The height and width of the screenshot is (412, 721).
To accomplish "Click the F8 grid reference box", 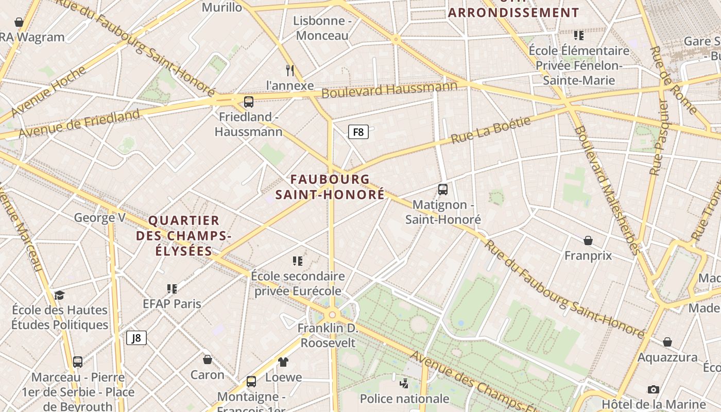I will [x=358, y=132].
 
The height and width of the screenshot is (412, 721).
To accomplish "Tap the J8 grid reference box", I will [x=136, y=338].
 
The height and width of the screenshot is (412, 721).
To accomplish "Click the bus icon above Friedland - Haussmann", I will [x=249, y=101].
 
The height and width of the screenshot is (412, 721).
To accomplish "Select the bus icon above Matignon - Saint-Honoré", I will [x=443, y=189].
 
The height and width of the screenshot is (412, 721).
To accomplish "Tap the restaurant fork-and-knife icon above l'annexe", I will [x=290, y=70].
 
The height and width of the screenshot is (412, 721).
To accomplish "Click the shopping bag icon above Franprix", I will [x=588, y=241].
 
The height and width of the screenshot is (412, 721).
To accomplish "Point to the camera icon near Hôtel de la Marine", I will [x=654, y=389].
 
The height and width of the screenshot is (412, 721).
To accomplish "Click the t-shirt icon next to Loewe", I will [x=283, y=362].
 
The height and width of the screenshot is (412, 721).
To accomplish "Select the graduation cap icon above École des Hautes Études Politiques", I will [x=60, y=295].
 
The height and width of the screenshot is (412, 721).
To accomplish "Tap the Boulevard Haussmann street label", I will [x=389, y=90].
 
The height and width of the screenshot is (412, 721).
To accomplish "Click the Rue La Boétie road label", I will [x=490, y=130].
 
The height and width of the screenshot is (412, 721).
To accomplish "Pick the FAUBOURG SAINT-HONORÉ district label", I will [x=330, y=186].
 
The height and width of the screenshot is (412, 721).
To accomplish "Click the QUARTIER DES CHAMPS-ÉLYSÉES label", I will [x=184, y=236].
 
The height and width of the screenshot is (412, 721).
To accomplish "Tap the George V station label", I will [x=100, y=217].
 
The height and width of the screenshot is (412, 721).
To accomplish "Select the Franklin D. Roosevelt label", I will [x=328, y=335].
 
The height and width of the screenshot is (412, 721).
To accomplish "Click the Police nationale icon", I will [x=404, y=383].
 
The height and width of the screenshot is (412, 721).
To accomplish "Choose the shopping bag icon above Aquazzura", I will [x=667, y=342].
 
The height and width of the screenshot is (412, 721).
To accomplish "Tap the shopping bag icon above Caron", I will [x=208, y=359].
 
